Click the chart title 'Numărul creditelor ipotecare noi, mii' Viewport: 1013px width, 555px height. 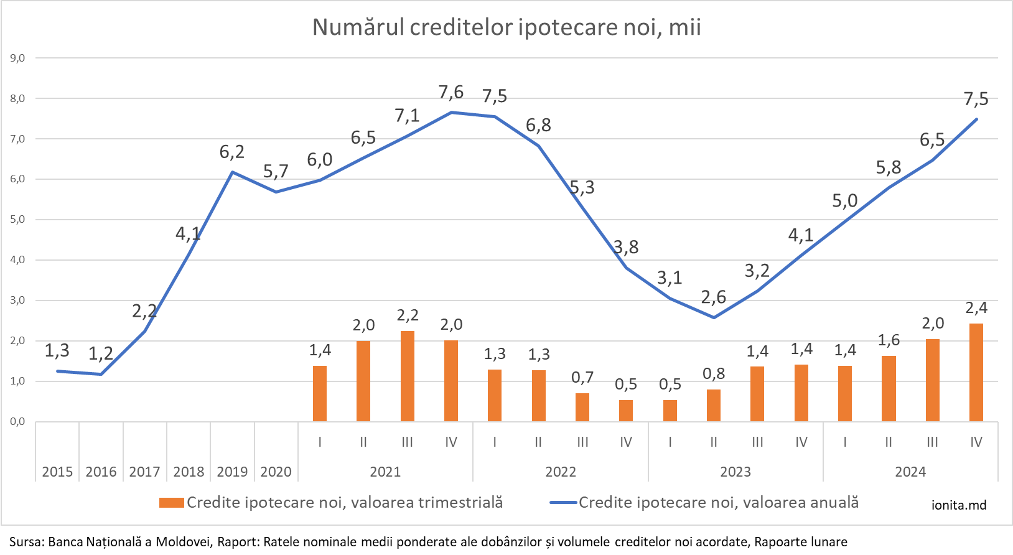(x=507, y=28)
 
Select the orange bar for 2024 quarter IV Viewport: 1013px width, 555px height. (x=976, y=372)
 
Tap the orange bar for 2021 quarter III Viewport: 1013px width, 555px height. (x=408, y=376)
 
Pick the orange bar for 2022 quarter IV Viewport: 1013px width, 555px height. (x=626, y=410)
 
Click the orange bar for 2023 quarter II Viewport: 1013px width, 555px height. (x=714, y=405)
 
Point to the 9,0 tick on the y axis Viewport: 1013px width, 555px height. (x=17, y=58)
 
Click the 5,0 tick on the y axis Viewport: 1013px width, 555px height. (x=17, y=220)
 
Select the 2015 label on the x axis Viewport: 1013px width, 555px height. (x=57, y=472)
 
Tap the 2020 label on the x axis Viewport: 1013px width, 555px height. (x=276, y=472)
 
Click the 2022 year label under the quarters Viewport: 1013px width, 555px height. (x=561, y=472)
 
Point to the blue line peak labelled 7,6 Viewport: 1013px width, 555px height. (x=451, y=113)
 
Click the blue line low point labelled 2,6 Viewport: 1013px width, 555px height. (x=714, y=317)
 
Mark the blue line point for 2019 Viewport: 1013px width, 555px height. (x=232, y=172)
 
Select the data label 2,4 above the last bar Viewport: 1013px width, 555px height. (x=976, y=308)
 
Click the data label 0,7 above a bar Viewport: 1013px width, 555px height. (x=582, y=377)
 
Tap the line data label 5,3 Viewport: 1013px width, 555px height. (x=582, y=187)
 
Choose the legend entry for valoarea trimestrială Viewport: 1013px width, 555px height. (x=331, y=503)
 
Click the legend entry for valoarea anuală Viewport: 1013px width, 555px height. (x=704, y=503)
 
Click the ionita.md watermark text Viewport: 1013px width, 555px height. (x=959, y=505)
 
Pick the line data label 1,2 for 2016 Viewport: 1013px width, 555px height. (x=101, y=354)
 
